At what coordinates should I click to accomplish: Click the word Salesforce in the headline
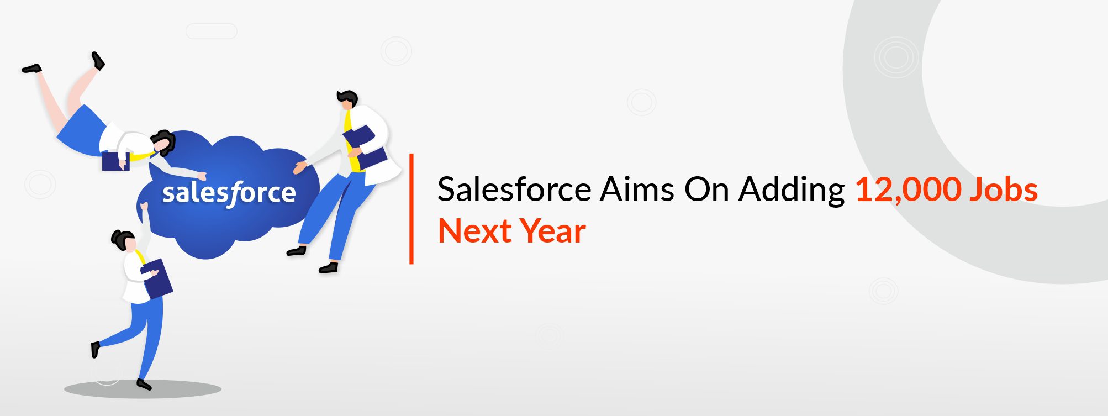pos(514,190)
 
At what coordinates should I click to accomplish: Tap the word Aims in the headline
pos(637,190)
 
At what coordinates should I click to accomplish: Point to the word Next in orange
pos(474,231)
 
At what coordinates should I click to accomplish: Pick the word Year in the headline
pos(553,231)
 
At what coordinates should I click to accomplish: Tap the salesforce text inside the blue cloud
pos(229,193)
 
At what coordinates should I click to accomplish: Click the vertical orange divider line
pos(411,209)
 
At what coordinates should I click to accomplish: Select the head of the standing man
pos(347,101)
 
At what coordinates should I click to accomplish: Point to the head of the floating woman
pos(163,143)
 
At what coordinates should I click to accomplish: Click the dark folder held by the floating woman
pos(115,161)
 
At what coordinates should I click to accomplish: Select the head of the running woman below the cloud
pos(124,241)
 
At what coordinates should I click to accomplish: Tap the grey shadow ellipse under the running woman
pos(143,389)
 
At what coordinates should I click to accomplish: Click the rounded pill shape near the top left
pos(211,31)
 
